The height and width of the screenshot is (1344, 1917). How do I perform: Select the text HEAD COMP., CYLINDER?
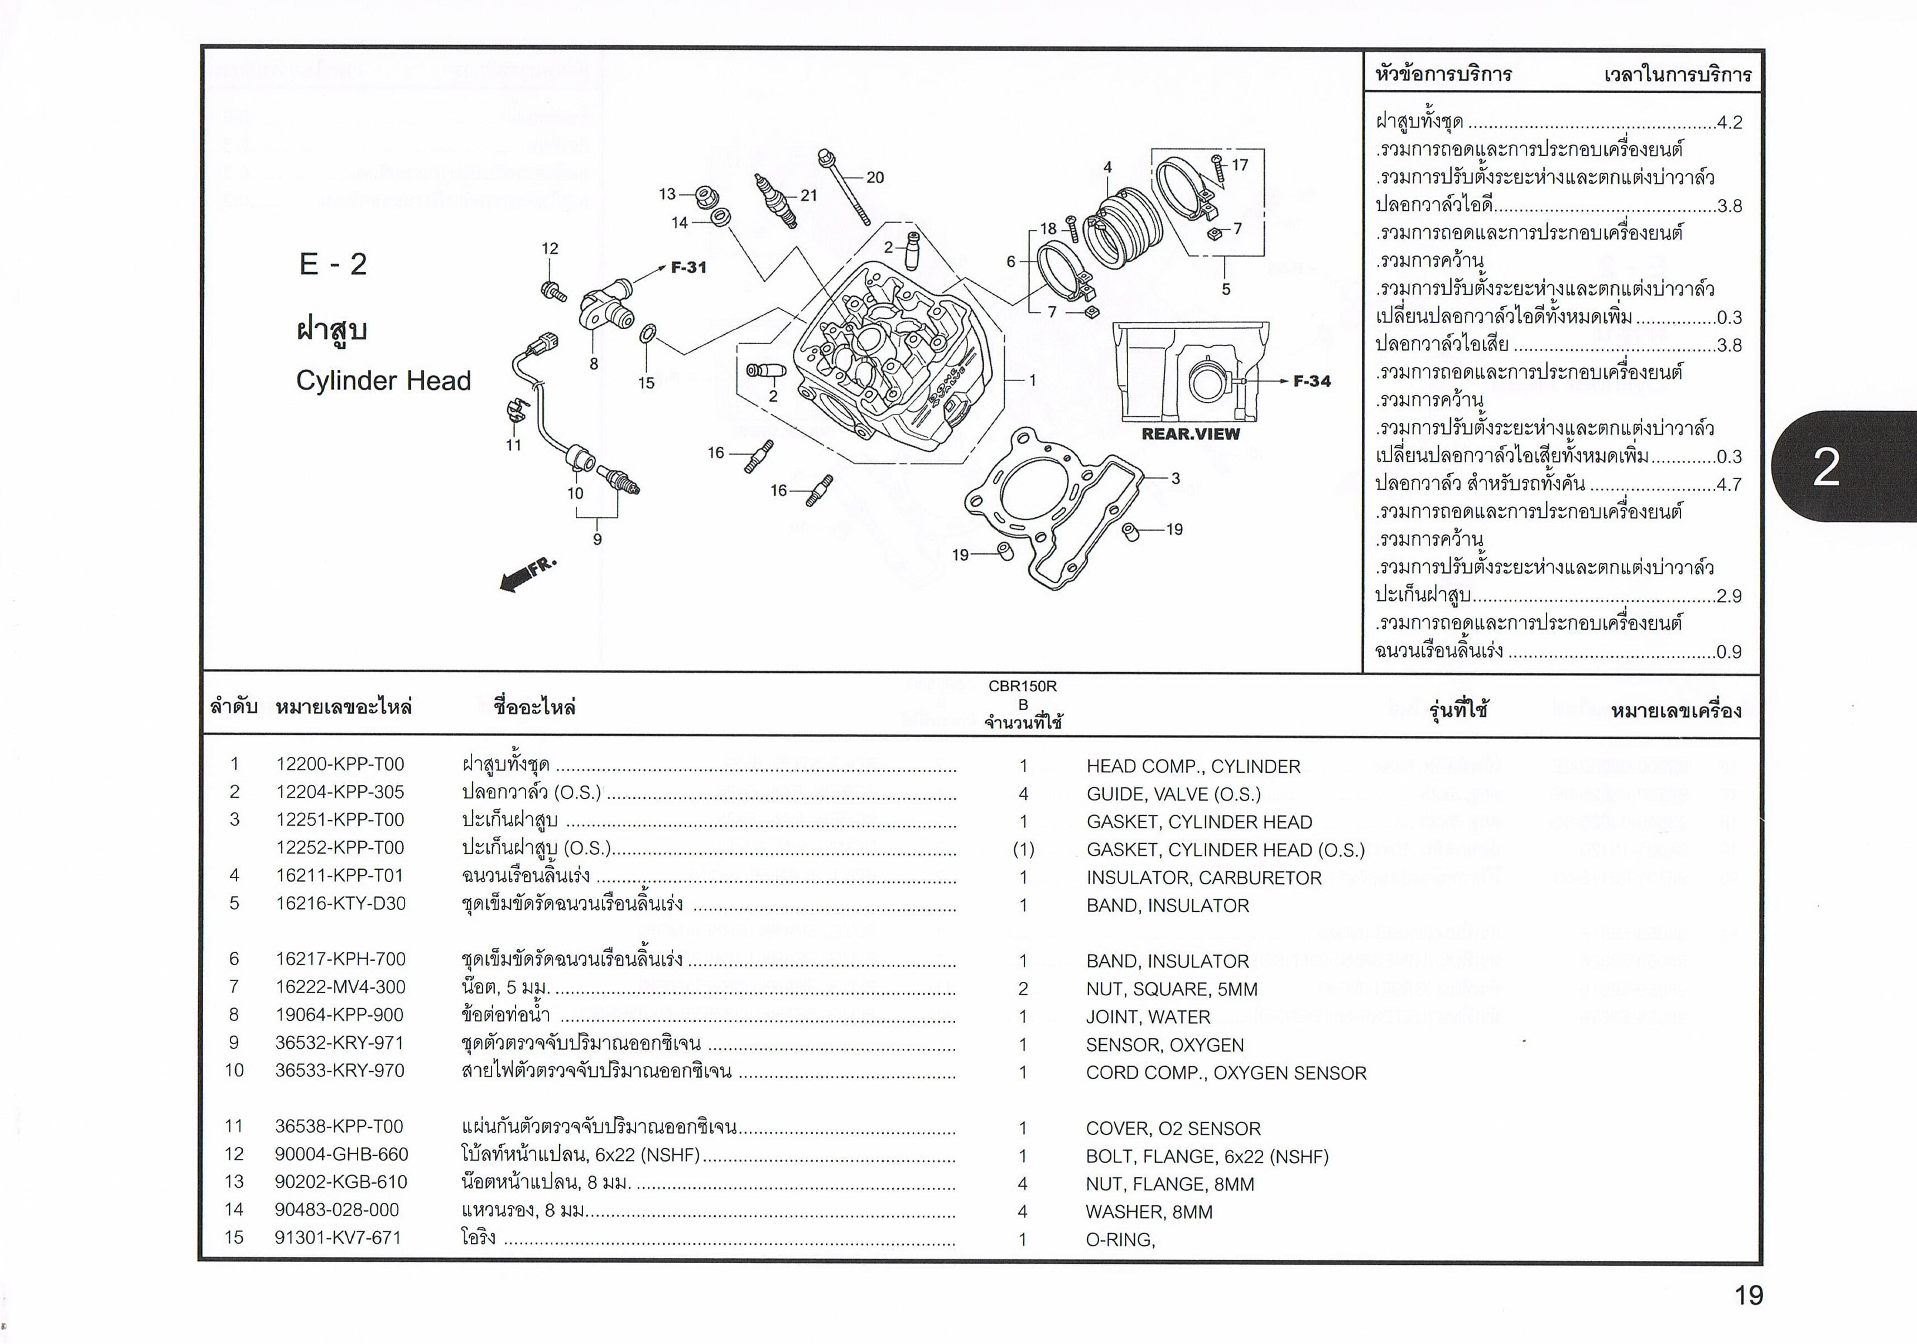tap(1193, 767)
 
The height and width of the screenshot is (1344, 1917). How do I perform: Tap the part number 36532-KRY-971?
tap(339, 1043)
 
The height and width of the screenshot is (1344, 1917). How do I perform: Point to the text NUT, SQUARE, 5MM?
tap(1172, 989)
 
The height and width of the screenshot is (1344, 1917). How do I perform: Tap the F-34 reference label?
tap(1312, 382)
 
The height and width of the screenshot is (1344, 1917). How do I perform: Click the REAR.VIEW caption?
tap(1191, 434)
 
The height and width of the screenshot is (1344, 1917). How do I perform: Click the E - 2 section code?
tap(333, 264)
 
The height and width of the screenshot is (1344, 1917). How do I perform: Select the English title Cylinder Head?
tap(383, 380)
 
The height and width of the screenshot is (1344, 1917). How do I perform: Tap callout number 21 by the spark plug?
tap(808, 195)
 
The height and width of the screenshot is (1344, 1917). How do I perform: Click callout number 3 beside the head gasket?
tap(1176, 478)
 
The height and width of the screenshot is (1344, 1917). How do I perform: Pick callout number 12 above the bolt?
tap(550, 249)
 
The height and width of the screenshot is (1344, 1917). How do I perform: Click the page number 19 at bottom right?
tap(1749, 1295)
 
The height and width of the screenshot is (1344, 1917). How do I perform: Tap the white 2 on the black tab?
tap(1826, 468)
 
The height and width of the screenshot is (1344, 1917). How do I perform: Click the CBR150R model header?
tap(1022, 686)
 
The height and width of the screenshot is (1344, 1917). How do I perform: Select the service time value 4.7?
tap(1729, 485)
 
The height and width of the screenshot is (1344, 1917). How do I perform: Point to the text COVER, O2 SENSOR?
tap(1173, 1129)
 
